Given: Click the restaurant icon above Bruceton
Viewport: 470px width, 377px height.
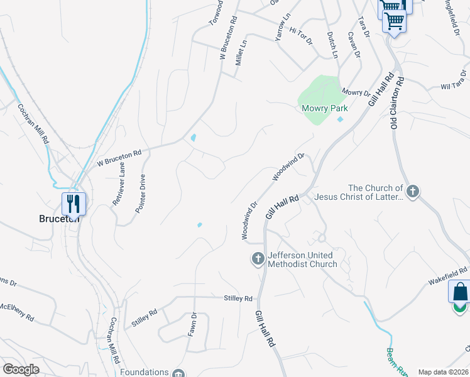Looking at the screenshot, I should (x=74, y=204).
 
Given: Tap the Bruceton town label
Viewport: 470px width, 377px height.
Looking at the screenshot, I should (x=60, y=219).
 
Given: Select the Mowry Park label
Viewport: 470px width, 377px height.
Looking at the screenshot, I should (x=325, y=108).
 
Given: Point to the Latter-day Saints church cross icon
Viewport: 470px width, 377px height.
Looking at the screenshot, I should (x=412, y=191).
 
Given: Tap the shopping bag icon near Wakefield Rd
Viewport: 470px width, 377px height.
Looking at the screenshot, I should (x=460, y=293).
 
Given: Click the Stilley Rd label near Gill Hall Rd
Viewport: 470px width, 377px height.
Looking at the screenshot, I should (x=238, y=298).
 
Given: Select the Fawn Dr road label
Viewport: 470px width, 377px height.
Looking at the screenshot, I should (x=194, y=324).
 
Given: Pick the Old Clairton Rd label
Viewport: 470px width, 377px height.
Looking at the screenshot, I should (x=396, y=104).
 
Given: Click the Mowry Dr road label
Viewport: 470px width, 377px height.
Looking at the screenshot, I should (x=356, y=92).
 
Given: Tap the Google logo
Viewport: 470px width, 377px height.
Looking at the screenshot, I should (x=22, y=369).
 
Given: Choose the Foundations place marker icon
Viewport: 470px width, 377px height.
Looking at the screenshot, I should (x=178, y=373).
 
